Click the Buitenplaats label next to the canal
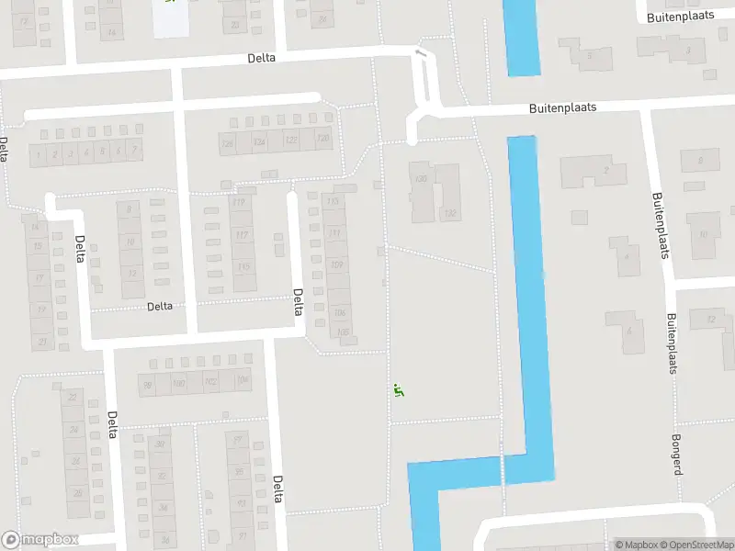(562, 107)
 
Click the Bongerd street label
(677, 455)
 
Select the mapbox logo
(40, 540)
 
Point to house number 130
(422, 179)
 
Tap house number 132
(449, 214)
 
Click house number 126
(228, 142)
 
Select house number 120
(322, 140)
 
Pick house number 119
(241, 203)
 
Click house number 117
(243, 235)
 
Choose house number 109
(336, 265)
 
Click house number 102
(210, 381)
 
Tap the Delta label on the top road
(261, 57)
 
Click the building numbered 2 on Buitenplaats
(605, 170)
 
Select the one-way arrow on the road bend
(421, 54)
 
